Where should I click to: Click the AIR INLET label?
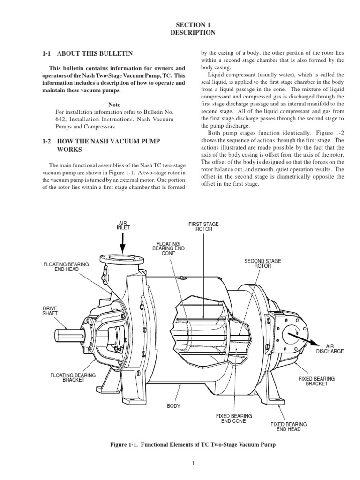point(123,225)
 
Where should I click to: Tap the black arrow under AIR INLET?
point(123,243)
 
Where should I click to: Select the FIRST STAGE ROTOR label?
point(200,227)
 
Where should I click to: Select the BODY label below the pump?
point(174,405)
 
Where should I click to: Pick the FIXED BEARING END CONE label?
point(233,418)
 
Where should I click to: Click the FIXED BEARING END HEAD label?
point(289,427)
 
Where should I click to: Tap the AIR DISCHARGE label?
point(330,348)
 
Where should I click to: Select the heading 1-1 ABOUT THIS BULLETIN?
point(88,54)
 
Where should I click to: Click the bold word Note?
point(114,105)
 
